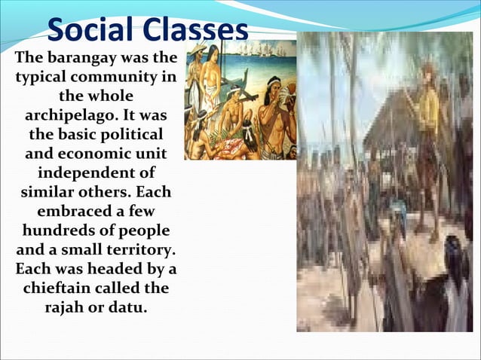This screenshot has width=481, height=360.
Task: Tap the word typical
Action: (40, 78)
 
